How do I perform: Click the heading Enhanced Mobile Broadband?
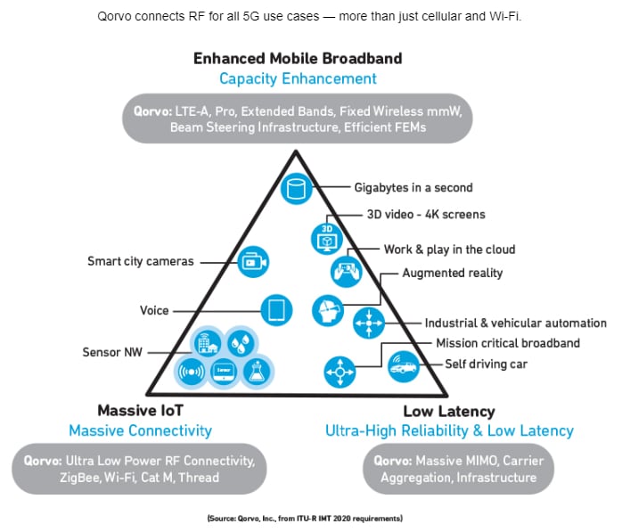click(298, 59)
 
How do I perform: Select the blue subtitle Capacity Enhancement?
click(298, 78)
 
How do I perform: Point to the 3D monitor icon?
click(324, 238)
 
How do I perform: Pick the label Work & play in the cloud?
click(449, 250)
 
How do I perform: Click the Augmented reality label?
click(452, 273)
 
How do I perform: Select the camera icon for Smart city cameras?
click(252, 262)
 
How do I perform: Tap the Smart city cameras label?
click(141, 262)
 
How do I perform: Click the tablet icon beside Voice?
click(276, 310)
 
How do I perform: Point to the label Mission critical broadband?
click(508, 343)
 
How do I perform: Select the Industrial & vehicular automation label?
click(515, 323)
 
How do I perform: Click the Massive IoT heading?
click(140, 411)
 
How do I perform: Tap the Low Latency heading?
click(448, 411)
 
